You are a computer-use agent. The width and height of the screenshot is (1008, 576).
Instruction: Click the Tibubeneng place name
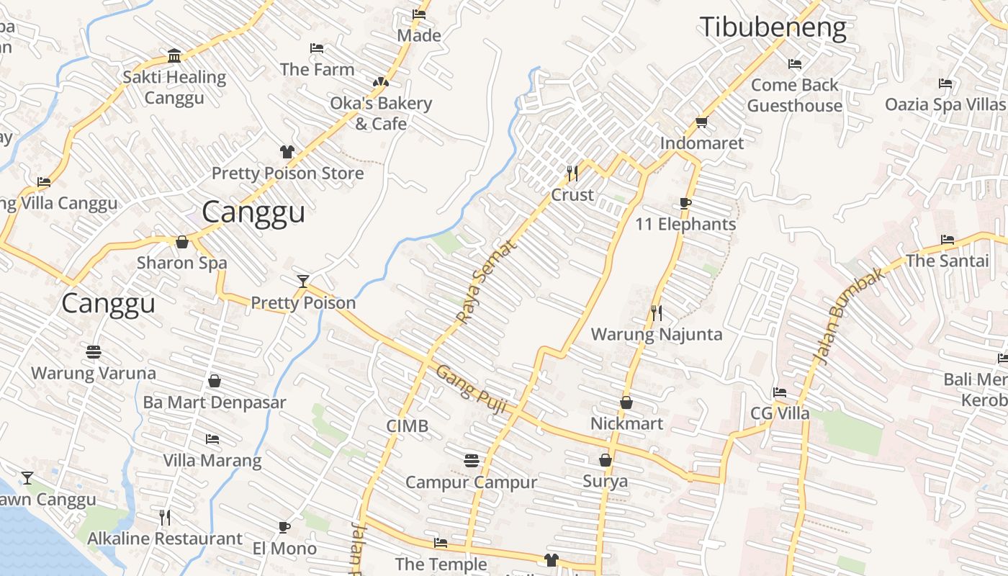(x=773, y=27)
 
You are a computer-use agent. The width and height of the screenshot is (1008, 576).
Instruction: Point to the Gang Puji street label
(x=472, y=390)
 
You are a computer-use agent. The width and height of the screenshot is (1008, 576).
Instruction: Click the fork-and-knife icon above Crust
(x=572, y=173)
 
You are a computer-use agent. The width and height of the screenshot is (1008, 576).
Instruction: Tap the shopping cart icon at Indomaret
(x=702, y=122)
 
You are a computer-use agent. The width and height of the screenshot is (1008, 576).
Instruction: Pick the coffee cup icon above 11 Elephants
(x=685, y=203)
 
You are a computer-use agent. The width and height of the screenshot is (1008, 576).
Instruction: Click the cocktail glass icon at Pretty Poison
(x=303, y=281)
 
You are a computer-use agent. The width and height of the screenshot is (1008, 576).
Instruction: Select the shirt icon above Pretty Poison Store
(x=287, y=151)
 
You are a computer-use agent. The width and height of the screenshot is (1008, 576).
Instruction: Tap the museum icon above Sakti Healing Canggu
(x=174, y=55)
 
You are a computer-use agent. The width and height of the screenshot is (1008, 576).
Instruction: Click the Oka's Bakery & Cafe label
(x=381, y=113)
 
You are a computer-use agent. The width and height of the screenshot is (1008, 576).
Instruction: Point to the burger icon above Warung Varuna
(x=93, y=352)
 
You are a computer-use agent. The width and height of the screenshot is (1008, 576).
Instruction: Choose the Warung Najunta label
(x=656, y=334)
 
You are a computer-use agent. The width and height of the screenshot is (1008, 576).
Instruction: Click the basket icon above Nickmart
(x=626, y=402)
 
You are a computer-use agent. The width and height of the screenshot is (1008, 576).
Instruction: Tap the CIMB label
(x=407, y=426)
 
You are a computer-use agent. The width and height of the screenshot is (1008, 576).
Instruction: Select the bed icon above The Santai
(x=948, y=240)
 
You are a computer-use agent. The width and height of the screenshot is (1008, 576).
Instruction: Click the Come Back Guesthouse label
(x=794, y=95)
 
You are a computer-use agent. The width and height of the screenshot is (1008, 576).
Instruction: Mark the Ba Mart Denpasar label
(x=214, y=402)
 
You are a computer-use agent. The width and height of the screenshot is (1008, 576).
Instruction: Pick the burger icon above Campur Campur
(x=472, y=460)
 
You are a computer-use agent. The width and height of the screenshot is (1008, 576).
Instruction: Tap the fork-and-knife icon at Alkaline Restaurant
(x=165, y=517)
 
